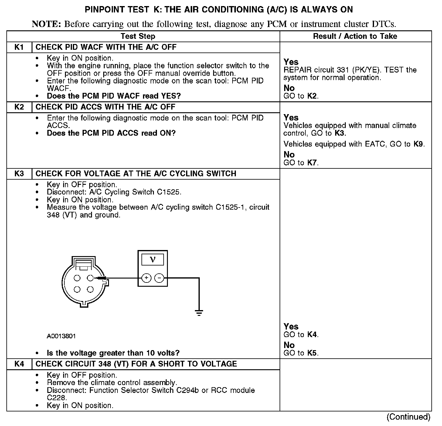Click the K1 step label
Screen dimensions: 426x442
19,47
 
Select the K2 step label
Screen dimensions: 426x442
19,107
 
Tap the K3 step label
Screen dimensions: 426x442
19,174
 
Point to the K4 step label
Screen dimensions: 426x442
19,364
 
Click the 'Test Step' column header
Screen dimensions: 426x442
138,36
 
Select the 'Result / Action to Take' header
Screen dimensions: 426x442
355,36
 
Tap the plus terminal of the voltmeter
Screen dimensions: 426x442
146,278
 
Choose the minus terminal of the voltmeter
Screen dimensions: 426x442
159,278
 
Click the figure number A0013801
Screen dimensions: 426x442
61,336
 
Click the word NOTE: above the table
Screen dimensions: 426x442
46,24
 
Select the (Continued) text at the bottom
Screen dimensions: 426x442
409,417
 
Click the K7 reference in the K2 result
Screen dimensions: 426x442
312,163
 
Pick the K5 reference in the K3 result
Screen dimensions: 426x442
312,353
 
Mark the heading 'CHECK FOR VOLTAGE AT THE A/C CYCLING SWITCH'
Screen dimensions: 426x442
136,174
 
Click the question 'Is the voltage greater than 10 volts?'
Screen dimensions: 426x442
113,353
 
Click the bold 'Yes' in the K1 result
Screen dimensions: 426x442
291,62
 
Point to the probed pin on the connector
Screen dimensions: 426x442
90,278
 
